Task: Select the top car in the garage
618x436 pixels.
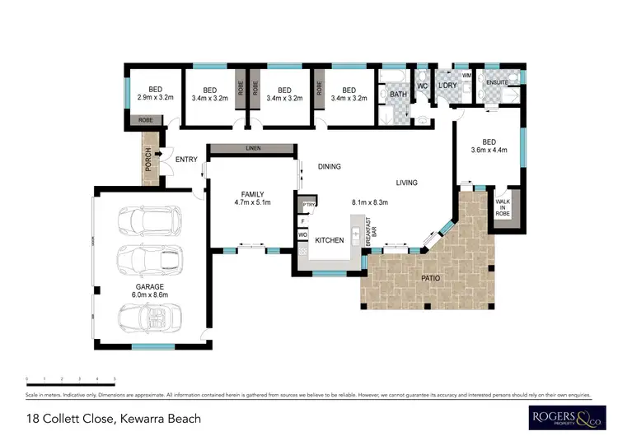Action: pyautogui.click(x=149, y=220)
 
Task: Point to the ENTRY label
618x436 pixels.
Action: pyautogui.click(x=185, y=161)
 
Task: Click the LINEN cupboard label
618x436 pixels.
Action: pyautogui.click(x=252, y=149)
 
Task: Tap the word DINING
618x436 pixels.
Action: pyautogui.click(x=330, y=167)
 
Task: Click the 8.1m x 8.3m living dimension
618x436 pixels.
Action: pyautogui.click(x=369, y=202)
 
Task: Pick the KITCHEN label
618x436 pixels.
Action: pyautogui.click(x=329, y=240)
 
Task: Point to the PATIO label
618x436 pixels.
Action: pyautogui.click(x=430, y=278)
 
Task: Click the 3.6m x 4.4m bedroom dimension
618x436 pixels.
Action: pyautogui.click(x=489, y=150)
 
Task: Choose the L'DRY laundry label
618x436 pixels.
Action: pyautogui.click(x=447, y=86)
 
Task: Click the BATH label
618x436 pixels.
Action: pyautogui.click(x=399, y=95)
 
